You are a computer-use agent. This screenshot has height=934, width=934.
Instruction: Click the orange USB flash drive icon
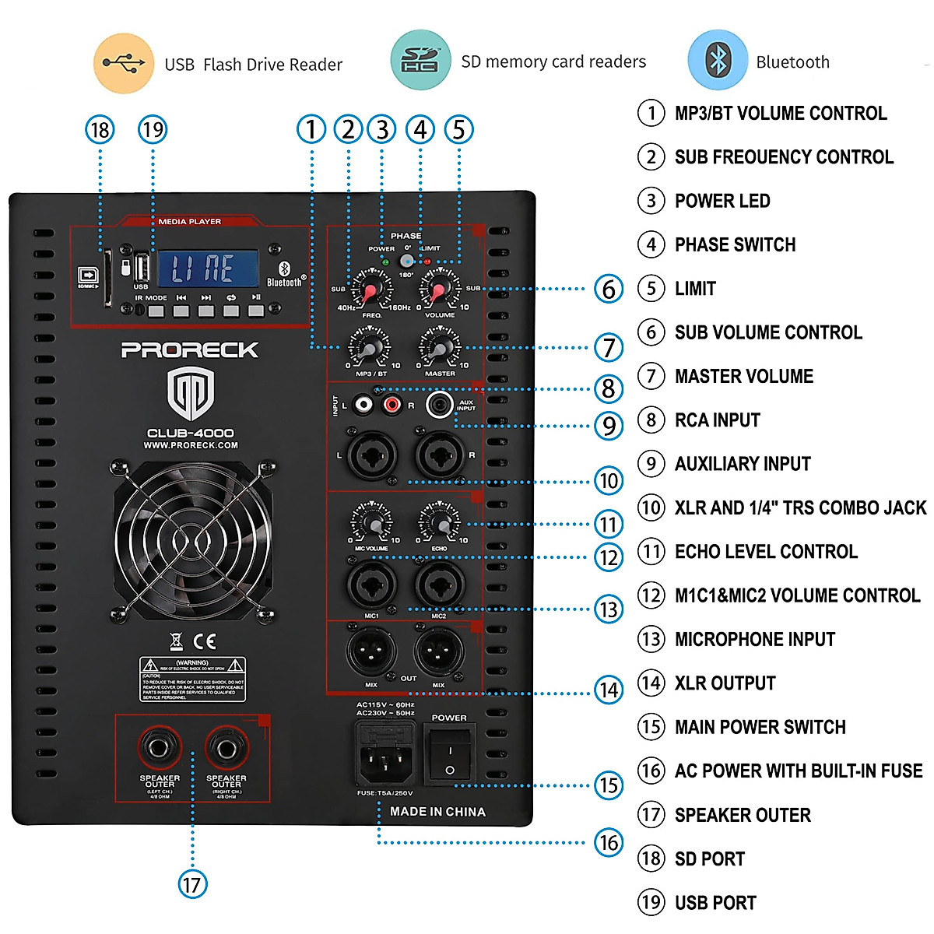(123, 63)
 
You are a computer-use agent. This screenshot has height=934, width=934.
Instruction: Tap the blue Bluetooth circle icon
(717, 61)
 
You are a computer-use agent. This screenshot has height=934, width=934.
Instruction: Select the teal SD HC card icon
(420, 60)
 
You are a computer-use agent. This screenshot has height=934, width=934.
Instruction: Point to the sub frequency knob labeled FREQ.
(371, 290)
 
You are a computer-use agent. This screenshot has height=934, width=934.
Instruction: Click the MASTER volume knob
(440, 347)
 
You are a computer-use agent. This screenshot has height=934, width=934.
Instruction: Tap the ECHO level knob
(440, 522)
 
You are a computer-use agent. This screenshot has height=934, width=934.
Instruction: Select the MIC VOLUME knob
(371, 522)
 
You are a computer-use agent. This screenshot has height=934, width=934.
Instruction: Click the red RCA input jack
(392, 404)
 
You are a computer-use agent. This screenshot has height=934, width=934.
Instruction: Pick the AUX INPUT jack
(440, 404)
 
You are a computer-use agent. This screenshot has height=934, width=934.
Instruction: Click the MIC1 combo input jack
(371, 585)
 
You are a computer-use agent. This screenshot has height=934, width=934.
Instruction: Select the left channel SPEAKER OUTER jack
(159, 748)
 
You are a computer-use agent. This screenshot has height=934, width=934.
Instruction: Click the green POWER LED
(384, 262)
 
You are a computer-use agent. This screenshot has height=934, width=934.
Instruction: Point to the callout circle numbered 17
(191, 884)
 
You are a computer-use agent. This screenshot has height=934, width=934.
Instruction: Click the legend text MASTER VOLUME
(743, 377)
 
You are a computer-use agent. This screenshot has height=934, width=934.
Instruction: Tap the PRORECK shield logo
(191, 393)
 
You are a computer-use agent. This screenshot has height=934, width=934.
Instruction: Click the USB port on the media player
(142, 268)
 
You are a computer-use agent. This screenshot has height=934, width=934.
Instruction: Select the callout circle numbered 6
(609, 289)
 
